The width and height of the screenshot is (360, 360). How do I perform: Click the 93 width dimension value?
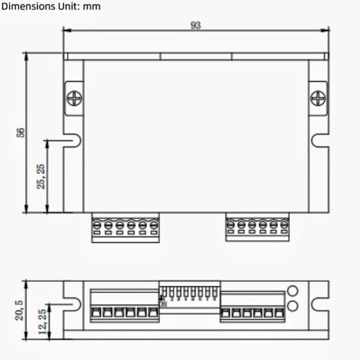tap(196, 25)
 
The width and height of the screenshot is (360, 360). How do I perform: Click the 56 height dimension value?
tap(20, 133)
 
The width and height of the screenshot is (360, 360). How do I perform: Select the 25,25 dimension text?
tap(41, 176)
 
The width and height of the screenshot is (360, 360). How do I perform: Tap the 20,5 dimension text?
tap(19, 310)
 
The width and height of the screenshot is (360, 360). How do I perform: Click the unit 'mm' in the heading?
tap(93, 7)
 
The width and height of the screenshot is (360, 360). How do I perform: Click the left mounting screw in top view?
tap(74, 98)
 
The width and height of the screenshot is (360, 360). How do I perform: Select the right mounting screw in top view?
tap(318, 98)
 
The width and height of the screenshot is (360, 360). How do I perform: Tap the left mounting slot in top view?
tap(74, 140)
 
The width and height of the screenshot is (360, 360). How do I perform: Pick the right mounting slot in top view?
tap(319, 140)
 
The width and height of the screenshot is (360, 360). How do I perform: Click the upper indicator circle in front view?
tap(293, 291)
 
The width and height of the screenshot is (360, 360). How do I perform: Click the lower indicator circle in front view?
tap(293, 306)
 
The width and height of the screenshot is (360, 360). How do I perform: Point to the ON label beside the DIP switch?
tap(163, 304)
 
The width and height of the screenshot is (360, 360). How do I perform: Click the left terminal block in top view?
tap(125, 227)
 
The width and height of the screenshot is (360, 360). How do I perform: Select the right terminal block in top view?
tap(257, 227)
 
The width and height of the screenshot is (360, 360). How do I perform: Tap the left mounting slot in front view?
tap(74, 305)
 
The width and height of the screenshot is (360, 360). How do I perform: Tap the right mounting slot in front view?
tap(320, 305)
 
